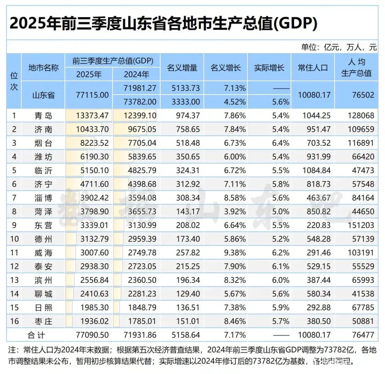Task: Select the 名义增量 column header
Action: click(182, 68)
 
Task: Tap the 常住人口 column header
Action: click(313, 68)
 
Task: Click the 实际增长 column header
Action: click(269, 68)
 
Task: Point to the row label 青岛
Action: click(43, 116)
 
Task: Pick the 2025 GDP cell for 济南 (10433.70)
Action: click(92, 129)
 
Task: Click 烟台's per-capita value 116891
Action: click(361, 143)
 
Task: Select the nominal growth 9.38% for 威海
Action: click(233, 253)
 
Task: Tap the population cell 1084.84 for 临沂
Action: click(315, 171)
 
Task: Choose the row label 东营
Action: click(43, 225)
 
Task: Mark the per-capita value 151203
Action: click(361, 225)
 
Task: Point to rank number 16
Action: click(14, 321)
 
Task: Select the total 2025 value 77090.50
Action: click(92, 335)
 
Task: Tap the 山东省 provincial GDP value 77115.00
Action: click(92, 95)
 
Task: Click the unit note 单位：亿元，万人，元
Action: click(339, 47)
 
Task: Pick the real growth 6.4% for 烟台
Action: click(281, 143)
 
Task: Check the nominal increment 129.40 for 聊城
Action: click(188, 294)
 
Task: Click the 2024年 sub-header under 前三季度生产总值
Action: click(136, 74)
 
